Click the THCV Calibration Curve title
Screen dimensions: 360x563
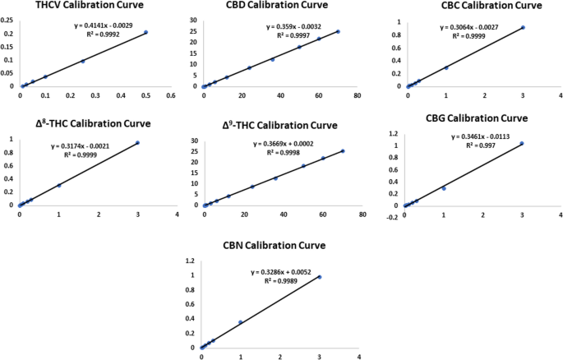(90, 6)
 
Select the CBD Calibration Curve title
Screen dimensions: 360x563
(268, 6)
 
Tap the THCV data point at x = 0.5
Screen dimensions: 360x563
(145, 33)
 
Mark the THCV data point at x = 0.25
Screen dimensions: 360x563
(83, 61)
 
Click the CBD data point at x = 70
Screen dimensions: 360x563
(338, 32)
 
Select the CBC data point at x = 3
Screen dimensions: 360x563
(523, 28)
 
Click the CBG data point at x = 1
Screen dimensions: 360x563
(444, 188)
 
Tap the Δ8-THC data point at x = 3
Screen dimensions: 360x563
(137, 143)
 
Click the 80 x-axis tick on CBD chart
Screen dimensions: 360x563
(357, 95)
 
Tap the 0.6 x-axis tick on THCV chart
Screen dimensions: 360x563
(171, 95)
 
